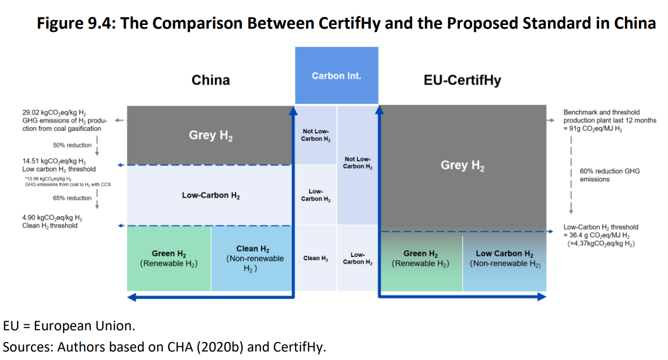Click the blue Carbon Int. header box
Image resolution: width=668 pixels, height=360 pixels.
point(336,75)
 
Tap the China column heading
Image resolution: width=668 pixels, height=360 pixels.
point(211,80)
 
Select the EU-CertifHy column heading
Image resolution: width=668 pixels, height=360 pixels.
point(463,80)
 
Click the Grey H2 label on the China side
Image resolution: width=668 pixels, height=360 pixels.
point(211,135)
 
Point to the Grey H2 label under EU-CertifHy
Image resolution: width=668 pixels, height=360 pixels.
point(463,165)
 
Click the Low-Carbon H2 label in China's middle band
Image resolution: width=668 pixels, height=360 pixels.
point(211,195)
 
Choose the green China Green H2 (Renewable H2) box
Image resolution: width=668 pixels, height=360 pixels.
point(169,258)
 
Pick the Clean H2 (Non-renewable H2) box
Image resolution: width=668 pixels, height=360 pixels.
point(253,258)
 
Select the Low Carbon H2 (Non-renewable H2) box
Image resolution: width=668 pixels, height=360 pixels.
point(505,258)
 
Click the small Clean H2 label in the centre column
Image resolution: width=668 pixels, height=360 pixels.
point(315,258)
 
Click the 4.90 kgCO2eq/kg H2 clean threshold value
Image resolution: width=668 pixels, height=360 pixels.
point(52,218)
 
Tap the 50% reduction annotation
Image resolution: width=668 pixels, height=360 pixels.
point(72,145)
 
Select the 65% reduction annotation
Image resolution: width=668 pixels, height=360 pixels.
point(72,198)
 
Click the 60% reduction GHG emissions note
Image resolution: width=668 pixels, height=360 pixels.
point(609,175)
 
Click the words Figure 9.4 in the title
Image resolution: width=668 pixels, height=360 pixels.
point(75,24)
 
